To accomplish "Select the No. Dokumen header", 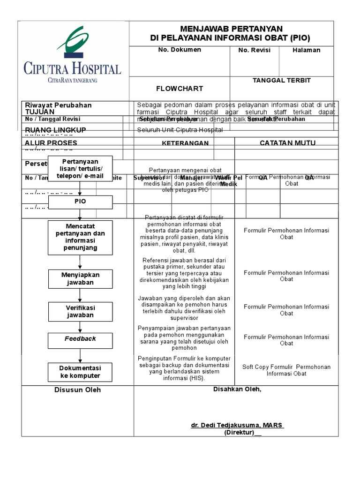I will [180, 50].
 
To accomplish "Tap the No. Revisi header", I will [255, 50].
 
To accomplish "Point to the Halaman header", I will [307, 50].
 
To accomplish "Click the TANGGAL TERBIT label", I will [282, 81].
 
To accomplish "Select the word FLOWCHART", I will [180, 88].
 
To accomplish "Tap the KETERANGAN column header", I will [185, 143].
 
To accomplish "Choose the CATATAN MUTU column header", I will [287, 142].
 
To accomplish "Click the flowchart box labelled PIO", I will [80, 202].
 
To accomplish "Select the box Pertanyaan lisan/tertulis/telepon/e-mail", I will [80, 169].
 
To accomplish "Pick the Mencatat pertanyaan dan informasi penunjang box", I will [80, 237].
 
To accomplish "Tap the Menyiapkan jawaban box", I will [80, 278].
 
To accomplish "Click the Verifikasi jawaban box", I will [80, 311].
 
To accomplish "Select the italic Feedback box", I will [80, 339].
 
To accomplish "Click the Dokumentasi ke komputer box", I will [80, 372].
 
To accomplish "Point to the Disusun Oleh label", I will [77, 390].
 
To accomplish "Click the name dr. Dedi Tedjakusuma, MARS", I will [237, 425].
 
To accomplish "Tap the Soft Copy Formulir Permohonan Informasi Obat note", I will [286, 370].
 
